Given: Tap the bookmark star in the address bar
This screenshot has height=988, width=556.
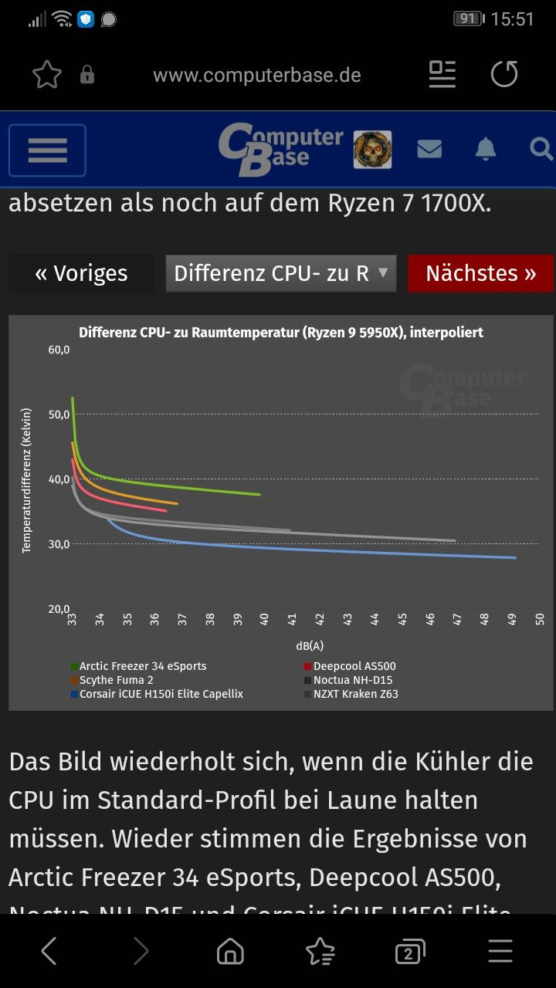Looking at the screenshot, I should [x=46, y=75].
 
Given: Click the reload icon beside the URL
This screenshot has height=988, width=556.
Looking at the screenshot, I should [x=504, y=75].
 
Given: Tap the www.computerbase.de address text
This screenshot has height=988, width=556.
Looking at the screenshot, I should [x=256, y=76].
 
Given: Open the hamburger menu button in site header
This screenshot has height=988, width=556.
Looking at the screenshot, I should [x=47, y=150].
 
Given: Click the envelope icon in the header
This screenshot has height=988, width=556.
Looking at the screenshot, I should [x=429, y=149].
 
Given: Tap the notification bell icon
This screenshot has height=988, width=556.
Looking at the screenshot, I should [x=485, y=149].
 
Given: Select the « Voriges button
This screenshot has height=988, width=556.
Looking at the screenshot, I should [x=81, y=273].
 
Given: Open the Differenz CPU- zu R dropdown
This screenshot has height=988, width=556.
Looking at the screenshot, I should [x=281, y=273].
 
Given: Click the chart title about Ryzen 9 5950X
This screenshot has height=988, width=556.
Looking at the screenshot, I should [x=281, y=333].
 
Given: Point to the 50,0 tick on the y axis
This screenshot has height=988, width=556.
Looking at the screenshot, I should [x=59, y=414].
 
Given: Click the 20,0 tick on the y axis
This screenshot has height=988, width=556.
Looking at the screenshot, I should [x=59, y=609].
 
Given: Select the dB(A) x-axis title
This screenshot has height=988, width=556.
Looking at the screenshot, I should [x=309, y=646].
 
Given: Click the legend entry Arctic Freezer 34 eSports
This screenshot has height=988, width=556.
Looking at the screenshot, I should [x=142, y=666].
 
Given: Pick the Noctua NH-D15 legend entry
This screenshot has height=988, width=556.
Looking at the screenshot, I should [x=353, y=680].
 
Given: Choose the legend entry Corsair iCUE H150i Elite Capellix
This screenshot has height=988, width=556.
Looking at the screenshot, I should [x=161, y=694].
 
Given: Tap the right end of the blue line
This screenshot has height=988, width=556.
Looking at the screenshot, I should [x=515, y=557].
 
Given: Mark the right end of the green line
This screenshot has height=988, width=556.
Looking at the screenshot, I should [x=259, y=494].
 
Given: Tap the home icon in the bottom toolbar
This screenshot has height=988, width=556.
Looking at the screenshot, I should [x=230, y=951].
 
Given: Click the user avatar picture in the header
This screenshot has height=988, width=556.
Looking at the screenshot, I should [x=372, y=149].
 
